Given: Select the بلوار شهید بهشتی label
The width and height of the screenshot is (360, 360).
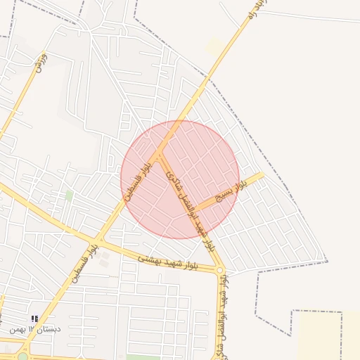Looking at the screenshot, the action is coord(169,262).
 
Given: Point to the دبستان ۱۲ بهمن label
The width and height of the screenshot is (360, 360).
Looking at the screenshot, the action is coord(36,329).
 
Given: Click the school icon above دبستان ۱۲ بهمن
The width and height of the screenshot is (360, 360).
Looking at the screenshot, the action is coord(35,319).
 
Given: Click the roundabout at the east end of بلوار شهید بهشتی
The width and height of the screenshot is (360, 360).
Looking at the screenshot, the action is coord(220,270).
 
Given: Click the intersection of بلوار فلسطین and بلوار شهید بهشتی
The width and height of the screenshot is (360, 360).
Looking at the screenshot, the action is coord(101,240).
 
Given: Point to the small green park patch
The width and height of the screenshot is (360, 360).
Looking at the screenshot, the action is coord(69,195).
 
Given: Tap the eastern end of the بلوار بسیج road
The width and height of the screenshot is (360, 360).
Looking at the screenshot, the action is coord(262,175).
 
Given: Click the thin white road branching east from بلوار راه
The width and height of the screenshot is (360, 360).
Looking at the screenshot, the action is coord(309,15).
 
